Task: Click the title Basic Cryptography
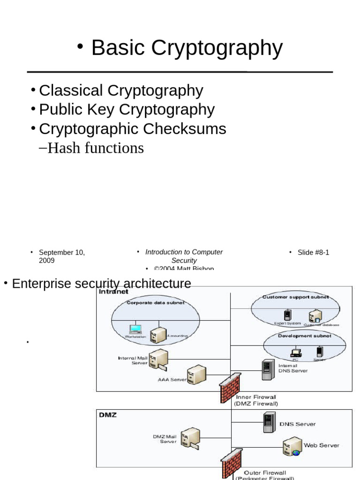point(187,48)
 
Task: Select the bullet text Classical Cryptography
point(121,90)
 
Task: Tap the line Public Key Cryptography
point(127,110)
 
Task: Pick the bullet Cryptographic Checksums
point(132,129)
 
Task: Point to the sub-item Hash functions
point(96,148)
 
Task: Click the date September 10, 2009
point(61,256)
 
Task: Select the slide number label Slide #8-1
point(313,253)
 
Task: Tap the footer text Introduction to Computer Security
point(184,256)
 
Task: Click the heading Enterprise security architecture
point(101,284)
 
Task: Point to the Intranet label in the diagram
point(113,291)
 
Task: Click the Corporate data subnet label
point(156,303)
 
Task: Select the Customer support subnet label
point(295,297)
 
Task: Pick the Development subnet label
point(304,336)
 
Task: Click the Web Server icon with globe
point(292,446)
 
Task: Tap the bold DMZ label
point(107,415)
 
